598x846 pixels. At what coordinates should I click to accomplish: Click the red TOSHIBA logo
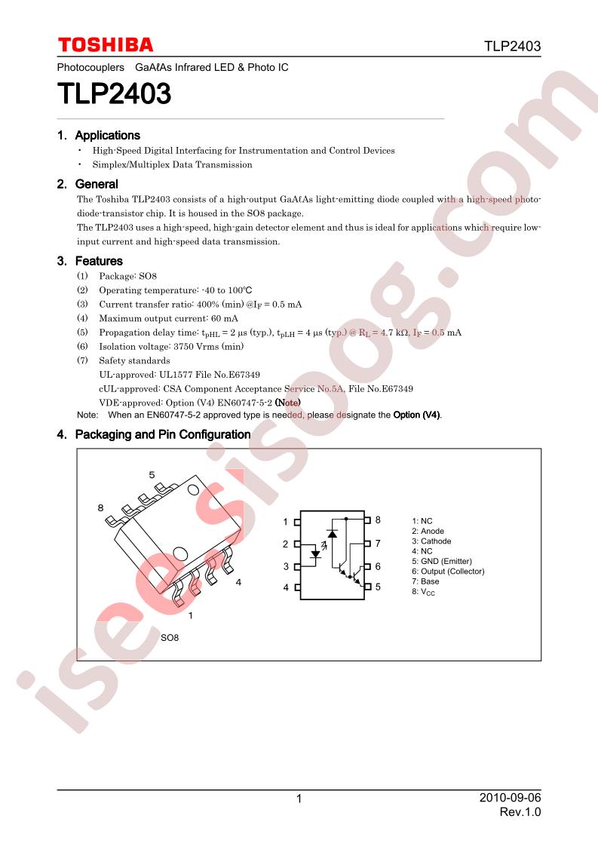click(106, 44)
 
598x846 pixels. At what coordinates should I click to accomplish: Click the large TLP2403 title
click(115, 93)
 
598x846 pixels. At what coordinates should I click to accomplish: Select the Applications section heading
click(107, 136)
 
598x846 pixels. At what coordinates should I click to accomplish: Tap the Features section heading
click(99, 261)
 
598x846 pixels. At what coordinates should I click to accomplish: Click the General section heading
click(97, 184)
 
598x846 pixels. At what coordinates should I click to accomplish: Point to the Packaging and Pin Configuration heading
click(162, 435)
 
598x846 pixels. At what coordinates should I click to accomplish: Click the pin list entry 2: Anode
click(428, 532)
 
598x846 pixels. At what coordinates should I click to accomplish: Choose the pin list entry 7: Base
click(425, 581)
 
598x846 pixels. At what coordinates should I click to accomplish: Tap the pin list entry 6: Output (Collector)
click(448, 572)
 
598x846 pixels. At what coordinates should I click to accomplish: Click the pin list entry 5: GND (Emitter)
click(441, 561)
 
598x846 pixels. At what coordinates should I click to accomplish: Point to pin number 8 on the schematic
click(378, 520)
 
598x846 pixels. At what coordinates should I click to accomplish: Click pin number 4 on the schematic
click(286, 587)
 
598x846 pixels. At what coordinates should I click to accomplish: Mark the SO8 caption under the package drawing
click(170, 638)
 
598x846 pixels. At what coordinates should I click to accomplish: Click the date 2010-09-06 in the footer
click(510, 798)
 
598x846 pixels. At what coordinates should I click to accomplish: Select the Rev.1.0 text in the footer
click(520, 812)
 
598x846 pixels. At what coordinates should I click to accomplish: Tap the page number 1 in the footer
click(299, 799)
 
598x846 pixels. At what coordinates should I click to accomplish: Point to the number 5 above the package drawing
click(152, 475)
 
